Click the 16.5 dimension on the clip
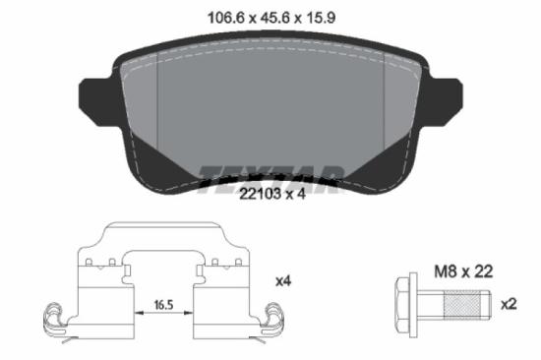tap(163, 306)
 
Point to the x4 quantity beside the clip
tap(283, 281)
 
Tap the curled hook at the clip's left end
tap(53, 319)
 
